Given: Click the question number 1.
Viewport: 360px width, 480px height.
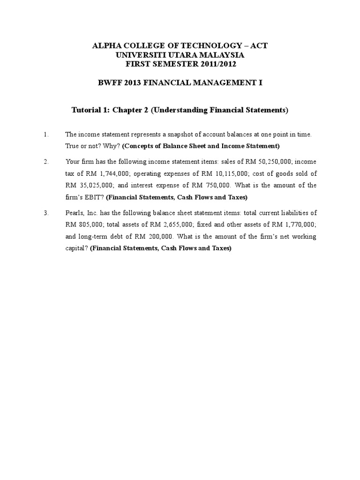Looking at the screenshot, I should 46,135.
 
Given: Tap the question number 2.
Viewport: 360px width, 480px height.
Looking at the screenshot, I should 46,162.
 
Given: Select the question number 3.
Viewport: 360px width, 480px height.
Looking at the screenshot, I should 46,213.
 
